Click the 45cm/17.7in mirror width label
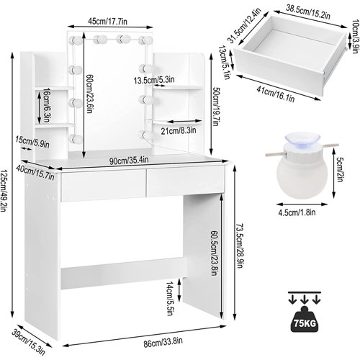tap(107, 22)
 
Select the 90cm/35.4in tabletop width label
tap(129, 160)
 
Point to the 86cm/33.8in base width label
tap(163, 342)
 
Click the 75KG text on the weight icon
tap(305, 323)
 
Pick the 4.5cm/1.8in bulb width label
tap(297, 212)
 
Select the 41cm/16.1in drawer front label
tap(275, 94)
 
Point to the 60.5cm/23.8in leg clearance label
tap(215, 253)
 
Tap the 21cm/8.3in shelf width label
tap(179, 130)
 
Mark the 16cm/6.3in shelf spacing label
tap(46, 105)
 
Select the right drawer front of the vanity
tap(186, 180)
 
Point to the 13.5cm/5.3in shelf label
tap(154, 80)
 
